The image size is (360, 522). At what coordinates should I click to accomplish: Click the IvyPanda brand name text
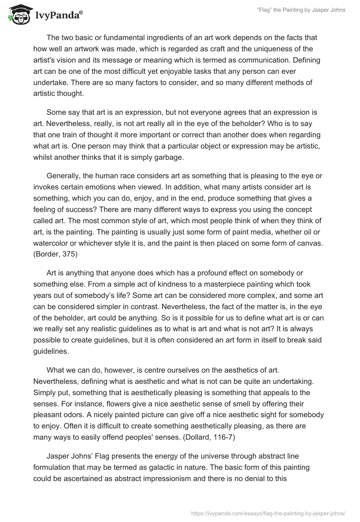pyautogui.click(x=58, y=15)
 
